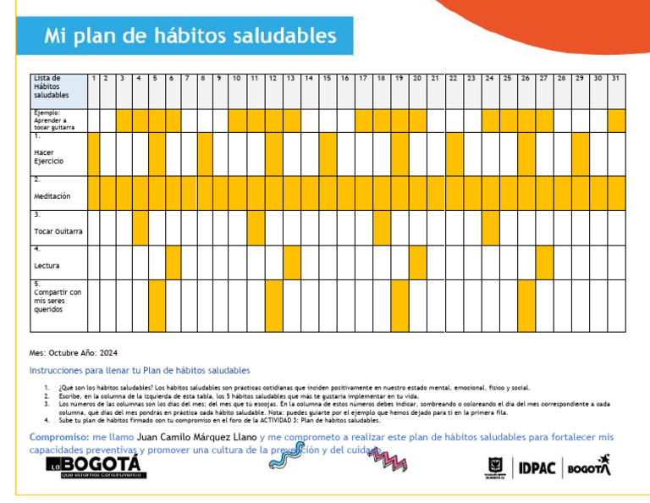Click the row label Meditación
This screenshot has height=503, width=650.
52,196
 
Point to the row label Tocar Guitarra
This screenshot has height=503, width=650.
58,230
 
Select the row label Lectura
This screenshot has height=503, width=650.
47,265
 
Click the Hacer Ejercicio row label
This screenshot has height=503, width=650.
48,156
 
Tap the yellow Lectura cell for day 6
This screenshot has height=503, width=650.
173,263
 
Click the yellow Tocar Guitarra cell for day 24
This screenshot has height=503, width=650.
490,227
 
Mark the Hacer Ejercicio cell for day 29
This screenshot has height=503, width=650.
580,153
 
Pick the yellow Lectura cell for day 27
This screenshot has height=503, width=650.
544,263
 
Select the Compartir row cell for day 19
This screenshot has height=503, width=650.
399,306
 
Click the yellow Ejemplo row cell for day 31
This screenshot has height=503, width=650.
615,120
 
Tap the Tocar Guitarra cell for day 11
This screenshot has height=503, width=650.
255,227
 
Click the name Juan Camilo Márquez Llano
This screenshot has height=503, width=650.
196,437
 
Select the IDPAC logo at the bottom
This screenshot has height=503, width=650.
536,468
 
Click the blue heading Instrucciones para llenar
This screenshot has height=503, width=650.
140,370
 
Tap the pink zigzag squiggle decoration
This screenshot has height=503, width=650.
386,460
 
